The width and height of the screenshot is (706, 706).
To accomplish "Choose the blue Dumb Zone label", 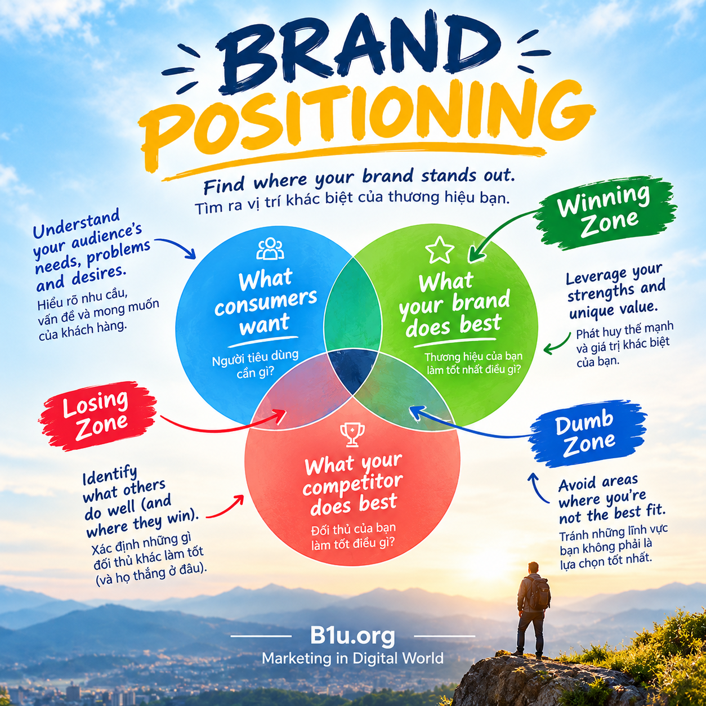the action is (586, 435).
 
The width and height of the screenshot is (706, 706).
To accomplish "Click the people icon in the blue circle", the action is (270, 249).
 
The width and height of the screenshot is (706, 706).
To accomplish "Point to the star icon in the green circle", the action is (439, 250).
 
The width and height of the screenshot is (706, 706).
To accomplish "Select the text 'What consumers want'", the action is (266, 303).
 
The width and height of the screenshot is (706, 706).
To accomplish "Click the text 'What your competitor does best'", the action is (353, 484).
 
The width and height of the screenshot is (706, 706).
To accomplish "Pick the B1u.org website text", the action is (352, 636).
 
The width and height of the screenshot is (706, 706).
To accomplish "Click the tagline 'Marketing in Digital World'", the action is (352, 658).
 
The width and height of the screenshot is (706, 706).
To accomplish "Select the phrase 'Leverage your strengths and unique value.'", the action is (615, 291).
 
